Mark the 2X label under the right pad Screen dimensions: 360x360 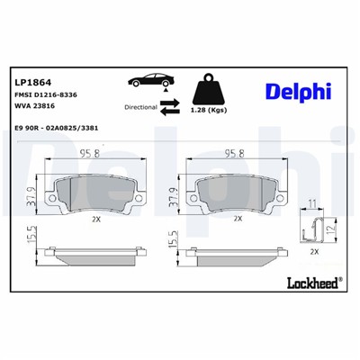click(237, 218)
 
